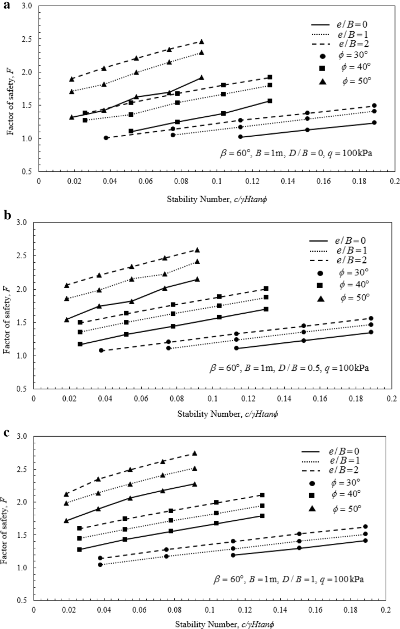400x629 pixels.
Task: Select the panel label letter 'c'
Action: (x=7, y=432)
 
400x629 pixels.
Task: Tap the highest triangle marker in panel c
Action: (x=195, y=454)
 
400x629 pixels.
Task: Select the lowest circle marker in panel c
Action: (x=100, y=565)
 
